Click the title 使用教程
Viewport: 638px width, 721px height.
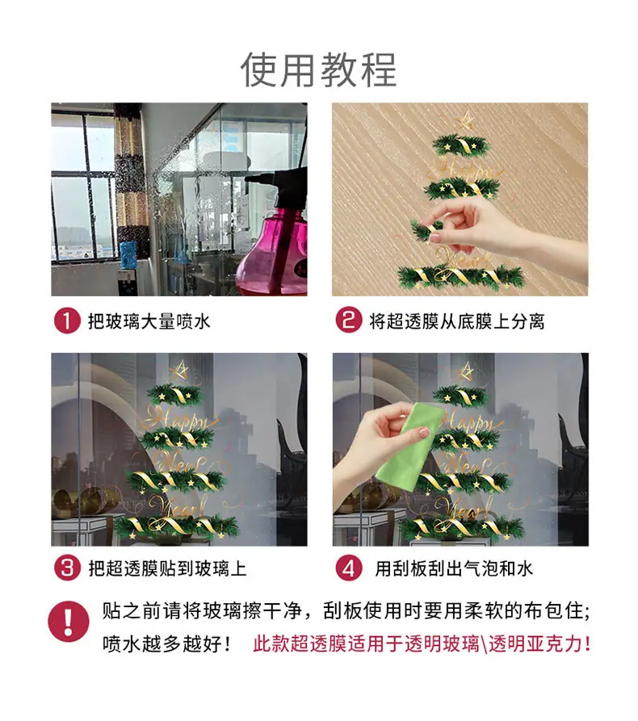(x=318, y=70)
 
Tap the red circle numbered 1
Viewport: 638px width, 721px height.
(x=67, y=321)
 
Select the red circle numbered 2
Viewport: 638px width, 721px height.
(x=349, y=320)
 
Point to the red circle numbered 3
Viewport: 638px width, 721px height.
(x=68, y=568)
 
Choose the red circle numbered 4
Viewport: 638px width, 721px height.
(x=349, y=568)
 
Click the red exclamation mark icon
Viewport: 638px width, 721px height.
(x=69, y=621)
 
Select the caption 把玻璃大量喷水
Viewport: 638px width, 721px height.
(x=149, y=321)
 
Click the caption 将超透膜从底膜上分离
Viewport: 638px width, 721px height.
(x=457, y=321)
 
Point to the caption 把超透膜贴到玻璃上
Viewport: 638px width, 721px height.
(x=167, y=568)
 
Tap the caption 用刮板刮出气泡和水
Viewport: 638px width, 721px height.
(x=454, y=568)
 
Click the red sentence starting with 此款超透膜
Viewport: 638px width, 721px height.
(x=422, y=643)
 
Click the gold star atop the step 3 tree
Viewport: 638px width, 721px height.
(x=180, y=370)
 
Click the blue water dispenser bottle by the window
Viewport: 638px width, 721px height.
(x=128, y=254)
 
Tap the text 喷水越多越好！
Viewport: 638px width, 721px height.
(x=166, y=643)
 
